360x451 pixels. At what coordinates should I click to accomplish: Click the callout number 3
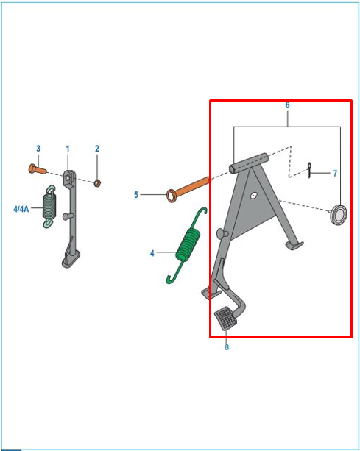tap(38, 149)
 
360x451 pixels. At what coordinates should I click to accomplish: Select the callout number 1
tap(68, 149)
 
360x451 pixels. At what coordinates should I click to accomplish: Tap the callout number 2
tap(97, 149)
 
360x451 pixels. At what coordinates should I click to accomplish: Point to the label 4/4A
tap(21, 209)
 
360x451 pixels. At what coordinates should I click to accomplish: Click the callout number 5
tap(136, 195)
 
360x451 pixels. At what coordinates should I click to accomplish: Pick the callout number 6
tap(287, 105)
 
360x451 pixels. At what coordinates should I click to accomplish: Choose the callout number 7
tap(335, 173)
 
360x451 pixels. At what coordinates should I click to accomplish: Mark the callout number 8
tap(227, 347)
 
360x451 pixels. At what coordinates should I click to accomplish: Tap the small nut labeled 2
tap(97, 183)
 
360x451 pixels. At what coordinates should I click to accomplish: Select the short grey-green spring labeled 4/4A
tap(49, 206)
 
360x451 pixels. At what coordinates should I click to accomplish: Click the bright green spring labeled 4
tap(188, 244)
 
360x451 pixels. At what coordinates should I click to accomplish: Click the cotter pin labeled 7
tap(309, 170)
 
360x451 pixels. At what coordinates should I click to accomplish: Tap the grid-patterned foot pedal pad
tap(226, 319)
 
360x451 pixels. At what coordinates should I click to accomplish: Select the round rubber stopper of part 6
tap(339, 215)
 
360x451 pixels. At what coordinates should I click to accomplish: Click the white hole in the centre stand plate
tap(253, 196)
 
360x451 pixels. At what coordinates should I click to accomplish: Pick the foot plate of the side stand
tap(71, 259)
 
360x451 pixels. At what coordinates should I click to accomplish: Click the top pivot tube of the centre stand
tap(249, 163)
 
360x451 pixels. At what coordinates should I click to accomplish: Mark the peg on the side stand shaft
tap(68, 216)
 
